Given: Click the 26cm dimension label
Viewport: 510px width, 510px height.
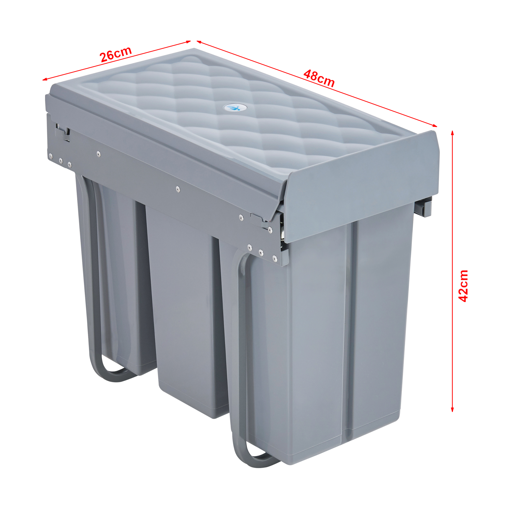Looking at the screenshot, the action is point(115,54).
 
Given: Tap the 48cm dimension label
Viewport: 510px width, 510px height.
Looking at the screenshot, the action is point(319,78).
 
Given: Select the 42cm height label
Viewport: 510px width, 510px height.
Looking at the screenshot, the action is point(463,286).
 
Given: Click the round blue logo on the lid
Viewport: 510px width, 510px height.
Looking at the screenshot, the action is point(232,107).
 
